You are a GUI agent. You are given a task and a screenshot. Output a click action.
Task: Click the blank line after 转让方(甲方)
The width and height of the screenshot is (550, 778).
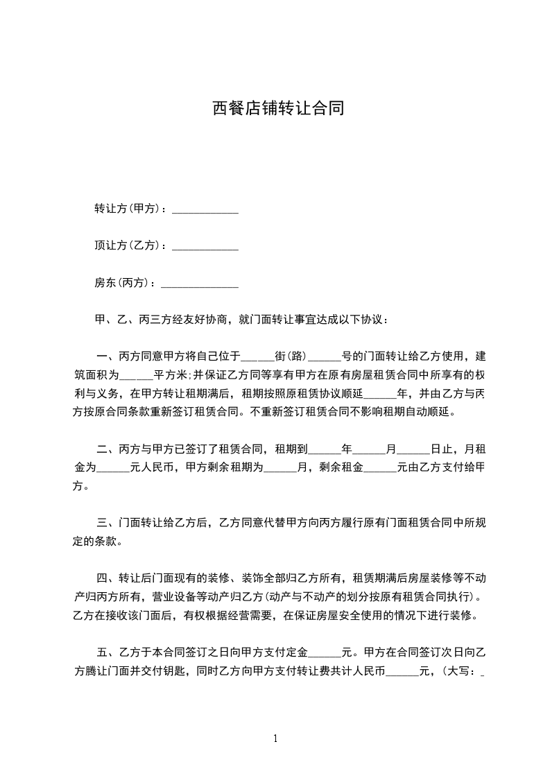[205, 209]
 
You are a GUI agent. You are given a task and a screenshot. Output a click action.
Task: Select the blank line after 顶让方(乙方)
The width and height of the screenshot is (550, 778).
[205, 246]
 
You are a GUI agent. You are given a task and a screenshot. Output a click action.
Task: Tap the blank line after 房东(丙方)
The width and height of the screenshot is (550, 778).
[199, 284]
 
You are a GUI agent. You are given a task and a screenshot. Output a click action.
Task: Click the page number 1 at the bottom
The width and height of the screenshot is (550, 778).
[275, 738]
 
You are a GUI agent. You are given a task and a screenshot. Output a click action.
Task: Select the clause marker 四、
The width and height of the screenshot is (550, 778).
[107, 578]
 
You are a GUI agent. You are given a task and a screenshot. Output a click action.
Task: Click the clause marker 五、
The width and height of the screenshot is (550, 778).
[107, 652]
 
